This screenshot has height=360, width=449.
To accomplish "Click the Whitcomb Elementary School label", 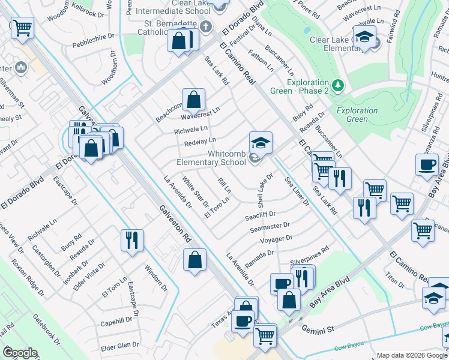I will coord(210,158).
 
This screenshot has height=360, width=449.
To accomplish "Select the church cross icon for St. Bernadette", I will coord(206,26).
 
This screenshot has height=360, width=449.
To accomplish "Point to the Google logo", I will coord(20,353).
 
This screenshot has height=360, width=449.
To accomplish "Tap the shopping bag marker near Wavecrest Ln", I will coord(194,100).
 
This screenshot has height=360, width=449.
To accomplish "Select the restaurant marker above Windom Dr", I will coord(131,241).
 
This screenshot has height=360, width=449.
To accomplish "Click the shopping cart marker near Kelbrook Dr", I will coord(22,28).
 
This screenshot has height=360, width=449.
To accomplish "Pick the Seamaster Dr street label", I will coord(270,226).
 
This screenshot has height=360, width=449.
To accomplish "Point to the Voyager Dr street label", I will coord(276,238).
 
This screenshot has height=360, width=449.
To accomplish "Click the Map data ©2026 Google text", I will coord(411,355).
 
